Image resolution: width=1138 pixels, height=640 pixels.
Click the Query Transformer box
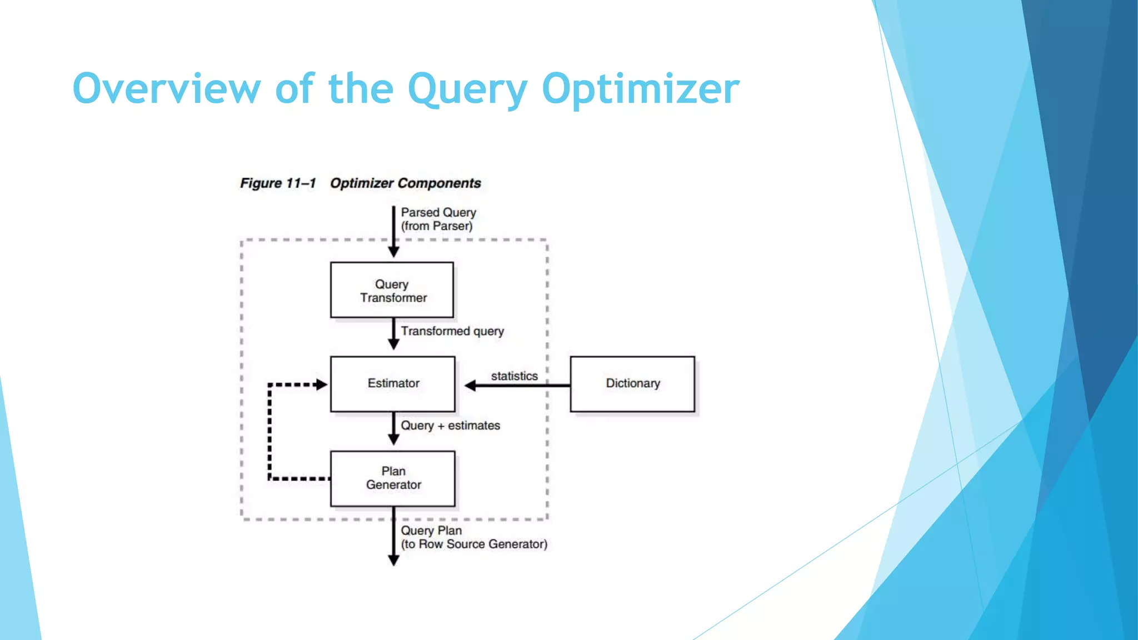[x=392, y=291]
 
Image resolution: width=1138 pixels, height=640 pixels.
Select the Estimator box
[x=393, y=384]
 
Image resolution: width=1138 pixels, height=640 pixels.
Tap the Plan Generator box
[x=393, y=478]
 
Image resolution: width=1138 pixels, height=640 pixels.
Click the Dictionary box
[x=632, y=384]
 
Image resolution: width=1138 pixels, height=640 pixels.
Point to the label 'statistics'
[x=514, y=376]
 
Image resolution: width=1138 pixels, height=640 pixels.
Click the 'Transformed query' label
[x=452, y=331]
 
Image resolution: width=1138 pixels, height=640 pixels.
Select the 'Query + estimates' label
[x=450, y=426]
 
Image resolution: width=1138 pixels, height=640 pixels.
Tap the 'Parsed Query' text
[x=438, y=212]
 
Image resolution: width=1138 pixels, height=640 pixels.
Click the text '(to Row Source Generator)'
[x=474, y=544]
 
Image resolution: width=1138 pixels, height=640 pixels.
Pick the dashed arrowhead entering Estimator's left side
[x=321, y=384]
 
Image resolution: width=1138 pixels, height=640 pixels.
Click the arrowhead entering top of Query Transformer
[x=393, y=252]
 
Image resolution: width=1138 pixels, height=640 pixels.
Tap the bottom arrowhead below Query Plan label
[x=393, y=561]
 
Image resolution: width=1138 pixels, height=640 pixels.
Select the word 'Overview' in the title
[x=166, y=89]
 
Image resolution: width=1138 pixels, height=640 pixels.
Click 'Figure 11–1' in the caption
[x=278, y=183]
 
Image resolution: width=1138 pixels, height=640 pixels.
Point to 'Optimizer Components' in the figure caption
[x=406, y=183]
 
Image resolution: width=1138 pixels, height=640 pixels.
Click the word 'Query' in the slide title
[x=467, y=89]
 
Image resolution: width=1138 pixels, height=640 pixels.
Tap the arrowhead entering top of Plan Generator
[x=393, y=439]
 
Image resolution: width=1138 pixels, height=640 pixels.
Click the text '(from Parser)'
[x=437, y=226]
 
